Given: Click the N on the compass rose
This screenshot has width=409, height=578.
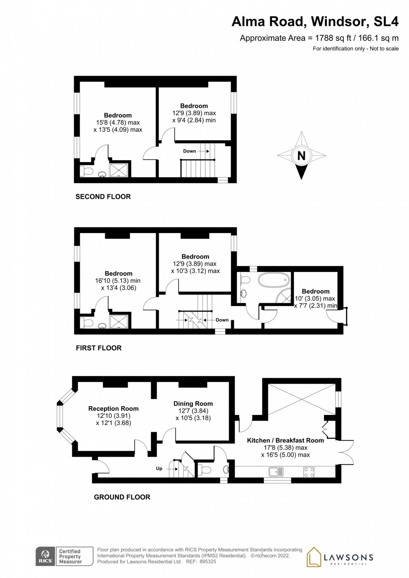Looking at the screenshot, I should point(301,156).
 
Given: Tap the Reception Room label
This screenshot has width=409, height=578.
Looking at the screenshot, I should point(113,409).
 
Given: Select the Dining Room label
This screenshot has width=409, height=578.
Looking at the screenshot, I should point(193,404).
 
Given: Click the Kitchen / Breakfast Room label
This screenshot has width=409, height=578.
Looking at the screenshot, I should point(285,440).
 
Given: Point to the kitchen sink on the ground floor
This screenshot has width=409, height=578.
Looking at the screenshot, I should point(276,472).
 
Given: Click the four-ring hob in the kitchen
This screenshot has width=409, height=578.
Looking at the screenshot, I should point(309,472).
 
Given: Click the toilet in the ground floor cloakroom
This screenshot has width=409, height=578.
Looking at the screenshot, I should point(204,470).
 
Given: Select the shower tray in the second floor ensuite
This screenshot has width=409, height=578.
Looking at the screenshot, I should point(119,170).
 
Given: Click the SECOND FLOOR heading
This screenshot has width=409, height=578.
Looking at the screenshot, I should point(103,196).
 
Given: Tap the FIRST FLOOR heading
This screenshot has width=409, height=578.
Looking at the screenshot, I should point(98,348).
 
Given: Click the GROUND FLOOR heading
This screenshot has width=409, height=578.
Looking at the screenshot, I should point(122,497).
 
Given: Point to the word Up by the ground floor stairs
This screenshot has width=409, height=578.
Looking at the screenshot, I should point(159,468).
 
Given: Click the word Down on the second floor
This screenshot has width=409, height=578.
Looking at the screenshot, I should point(189,151).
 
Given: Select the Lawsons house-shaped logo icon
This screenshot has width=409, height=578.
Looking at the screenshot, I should point(314,557).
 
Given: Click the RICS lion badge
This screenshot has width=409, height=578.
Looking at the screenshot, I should point(45,556).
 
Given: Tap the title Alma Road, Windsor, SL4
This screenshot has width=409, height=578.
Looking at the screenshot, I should point(315,21).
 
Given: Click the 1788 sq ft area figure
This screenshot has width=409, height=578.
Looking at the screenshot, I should point(333,38).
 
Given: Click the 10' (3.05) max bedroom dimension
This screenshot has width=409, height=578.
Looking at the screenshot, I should point(315,299).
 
